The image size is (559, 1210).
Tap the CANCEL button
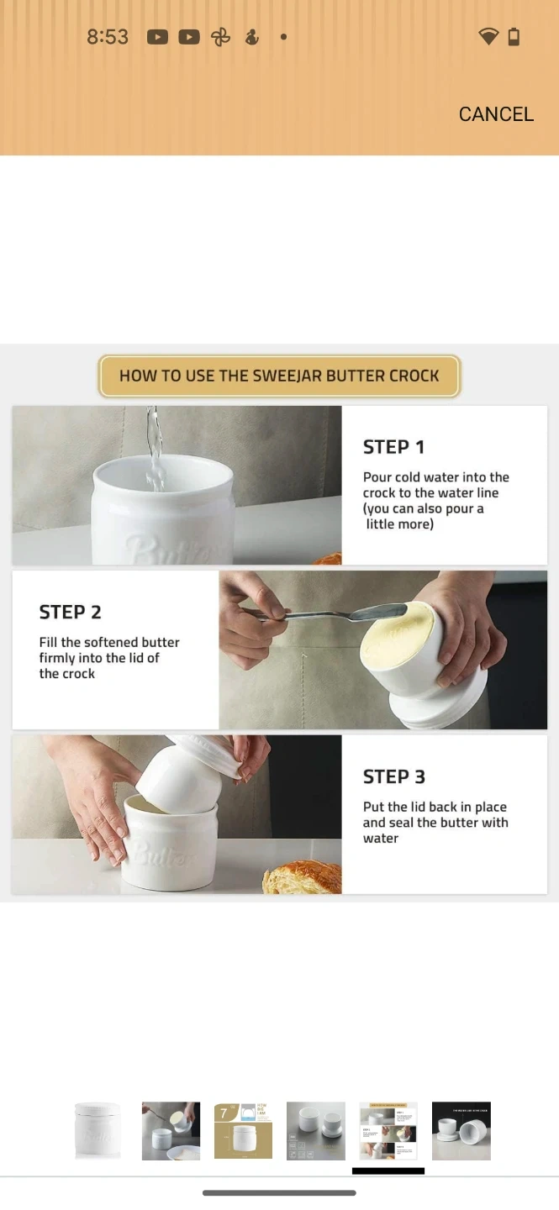click(496, 114)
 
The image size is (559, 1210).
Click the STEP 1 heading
click(393, 447)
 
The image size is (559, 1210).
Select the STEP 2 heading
click(71, 612)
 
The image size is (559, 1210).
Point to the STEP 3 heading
click(394, 776)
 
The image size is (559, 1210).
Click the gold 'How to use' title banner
click(279, 376)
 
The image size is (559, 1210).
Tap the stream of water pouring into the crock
click(155, 449)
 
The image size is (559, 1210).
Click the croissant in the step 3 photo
click(303, 876)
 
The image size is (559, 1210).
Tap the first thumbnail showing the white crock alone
click(98, 1131)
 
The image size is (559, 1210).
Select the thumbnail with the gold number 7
click(243, 1131)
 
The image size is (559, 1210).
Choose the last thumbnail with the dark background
click(461, 1131)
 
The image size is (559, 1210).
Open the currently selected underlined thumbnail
click(388, 1131)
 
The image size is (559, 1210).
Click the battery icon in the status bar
click(514, 37)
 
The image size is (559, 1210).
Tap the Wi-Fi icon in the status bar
click(488, 37)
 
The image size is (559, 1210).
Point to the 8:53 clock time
click(108, 37)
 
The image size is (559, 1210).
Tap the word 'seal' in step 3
click(402, 822)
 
